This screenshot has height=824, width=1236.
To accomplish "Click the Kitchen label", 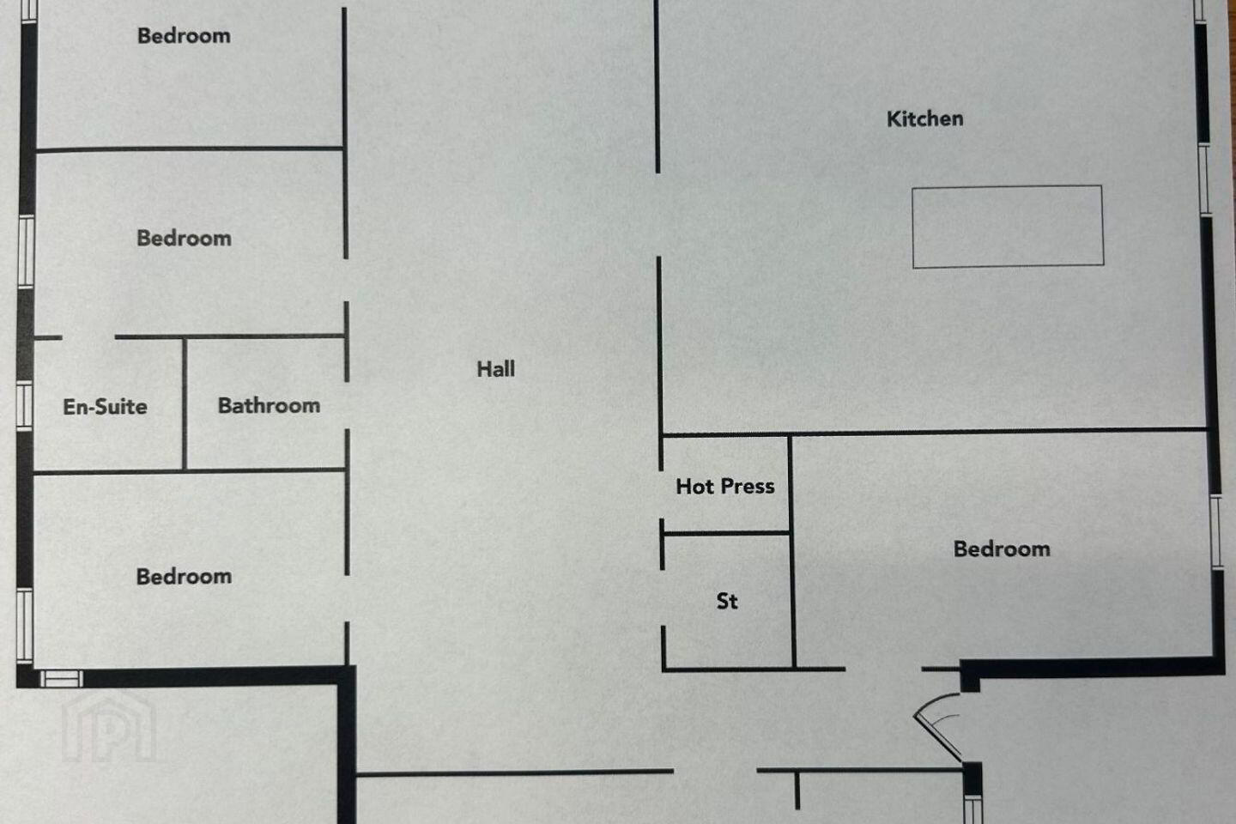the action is click(x=924, y=118).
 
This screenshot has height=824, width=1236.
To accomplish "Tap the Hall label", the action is click(x=495, y=369).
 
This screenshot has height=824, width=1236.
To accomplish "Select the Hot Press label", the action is click(x=725, y=486).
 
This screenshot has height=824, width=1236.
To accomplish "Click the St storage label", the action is click(x=727, y=601).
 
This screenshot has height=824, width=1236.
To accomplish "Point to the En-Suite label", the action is click(x=105, y=407).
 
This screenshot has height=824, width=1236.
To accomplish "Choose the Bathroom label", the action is click(x=269, y=406).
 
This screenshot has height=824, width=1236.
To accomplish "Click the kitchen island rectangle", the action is click(x=1008, y=227).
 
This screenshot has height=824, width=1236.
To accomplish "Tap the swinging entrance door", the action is click(x=938, y=726).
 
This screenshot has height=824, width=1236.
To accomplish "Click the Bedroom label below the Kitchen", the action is click(x=1002, y=549).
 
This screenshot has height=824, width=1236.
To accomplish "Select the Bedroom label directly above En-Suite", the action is click(x=184, y=239).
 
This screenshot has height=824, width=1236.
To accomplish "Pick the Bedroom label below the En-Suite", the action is click(x=184, y=577).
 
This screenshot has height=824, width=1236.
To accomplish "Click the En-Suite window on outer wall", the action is click(x=24, y=406).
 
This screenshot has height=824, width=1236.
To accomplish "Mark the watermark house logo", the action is click(x=109, y=729).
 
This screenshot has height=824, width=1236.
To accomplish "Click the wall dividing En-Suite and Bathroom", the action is click(x=185, y=404).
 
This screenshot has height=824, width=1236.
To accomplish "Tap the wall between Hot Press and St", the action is click(x=726, y=533).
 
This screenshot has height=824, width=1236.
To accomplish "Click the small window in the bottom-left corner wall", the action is click(x=61, y=678).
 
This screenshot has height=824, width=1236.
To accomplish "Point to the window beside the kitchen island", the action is click(x=1204, y=179).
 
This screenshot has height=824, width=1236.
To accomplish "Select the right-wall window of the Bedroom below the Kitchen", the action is click(x=1217, y=531).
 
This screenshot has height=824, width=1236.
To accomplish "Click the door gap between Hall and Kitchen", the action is click(x=657, y=215).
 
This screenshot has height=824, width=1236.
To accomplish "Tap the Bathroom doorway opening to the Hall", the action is click(x=347, y=406).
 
